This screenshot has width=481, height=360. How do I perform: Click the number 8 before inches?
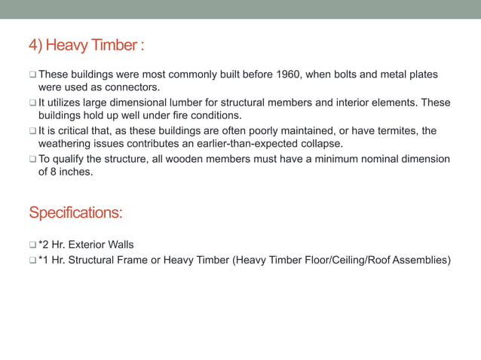[x=54, y=171]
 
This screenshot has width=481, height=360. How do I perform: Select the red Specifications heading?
[x=75, y=213]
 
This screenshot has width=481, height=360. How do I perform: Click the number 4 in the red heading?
[x=33, y=46]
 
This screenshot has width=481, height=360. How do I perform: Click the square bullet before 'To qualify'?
[x=32, y=159]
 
